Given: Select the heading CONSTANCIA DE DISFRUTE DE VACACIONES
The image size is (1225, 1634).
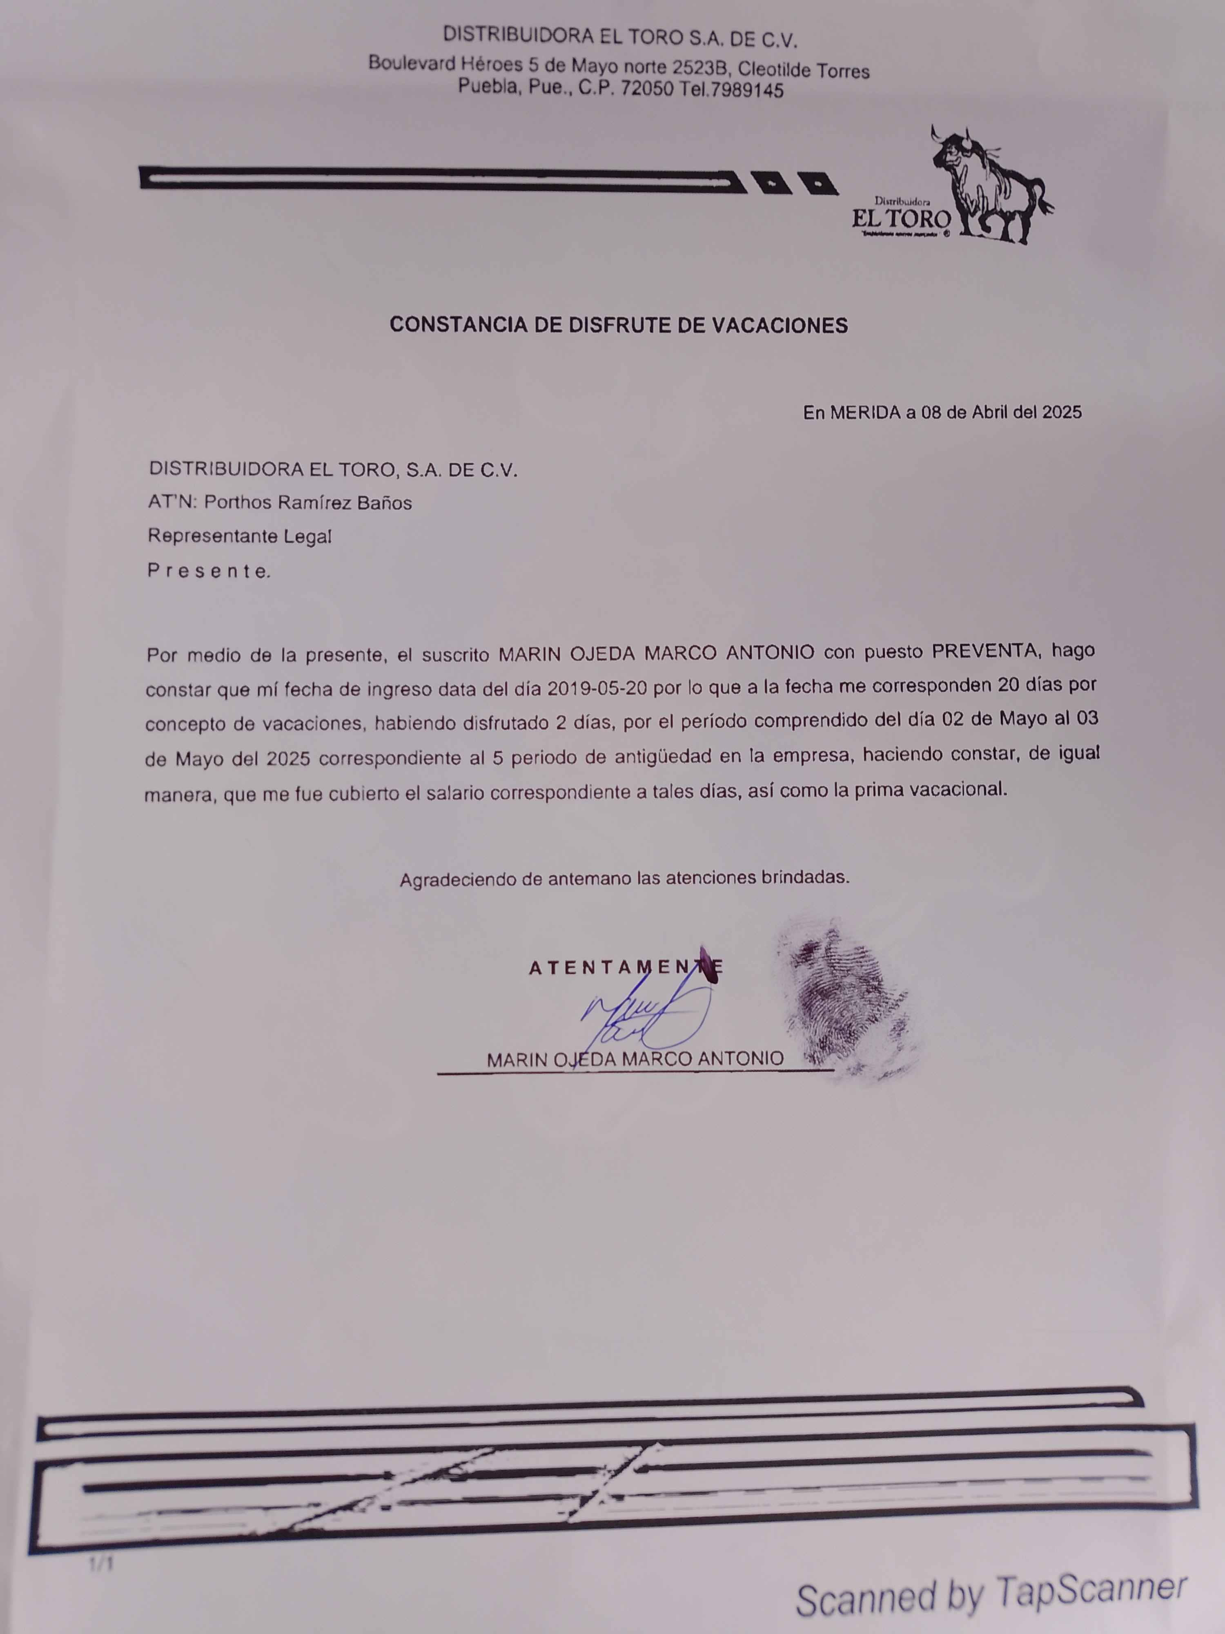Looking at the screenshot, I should click(x=619, y=325).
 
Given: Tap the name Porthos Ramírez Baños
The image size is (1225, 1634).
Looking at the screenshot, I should click(x=308, y=503).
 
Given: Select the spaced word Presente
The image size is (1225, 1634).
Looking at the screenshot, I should click(x=209, y=571).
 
